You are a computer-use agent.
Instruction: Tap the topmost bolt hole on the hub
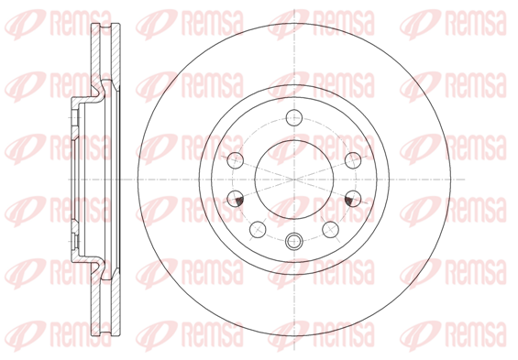(294, 117)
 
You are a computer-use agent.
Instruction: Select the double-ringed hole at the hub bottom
(294, 242)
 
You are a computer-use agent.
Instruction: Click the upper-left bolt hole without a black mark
(236, 160)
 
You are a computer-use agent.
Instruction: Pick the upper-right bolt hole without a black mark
(353, 160)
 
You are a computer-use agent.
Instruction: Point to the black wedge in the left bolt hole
(239, 200)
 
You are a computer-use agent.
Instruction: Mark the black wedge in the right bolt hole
(349, 200)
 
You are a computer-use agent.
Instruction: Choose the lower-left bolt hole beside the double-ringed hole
(258, 229)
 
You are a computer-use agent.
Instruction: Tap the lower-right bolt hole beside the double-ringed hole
(330, 229)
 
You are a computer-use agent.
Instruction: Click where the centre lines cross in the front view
(294, 180)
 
